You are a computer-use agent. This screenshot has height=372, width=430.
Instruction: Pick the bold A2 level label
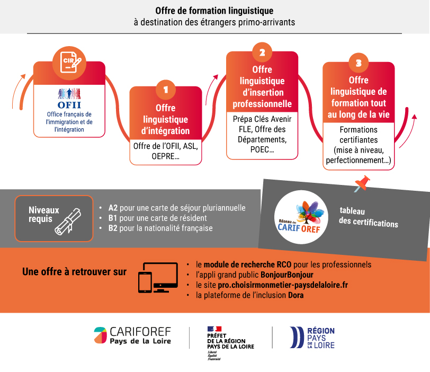pyautogui.click(x=113, y=208)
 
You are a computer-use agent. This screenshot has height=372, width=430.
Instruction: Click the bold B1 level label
pyautogui.click(x=113, y=218)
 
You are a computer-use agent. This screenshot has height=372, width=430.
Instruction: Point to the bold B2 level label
pyautogui.click(x=113, y=228)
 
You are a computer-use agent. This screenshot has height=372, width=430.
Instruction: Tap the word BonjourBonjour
pyautogui.click(x=287, y=275)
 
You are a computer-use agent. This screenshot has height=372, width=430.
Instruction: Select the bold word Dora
pyautogui.click(x=295, y=295)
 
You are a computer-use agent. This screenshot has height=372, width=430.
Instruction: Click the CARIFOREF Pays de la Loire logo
pyautogui.click(x=132, y=336)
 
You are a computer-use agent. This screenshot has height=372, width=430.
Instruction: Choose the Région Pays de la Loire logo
pyautogui.click(x=313, y=338)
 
